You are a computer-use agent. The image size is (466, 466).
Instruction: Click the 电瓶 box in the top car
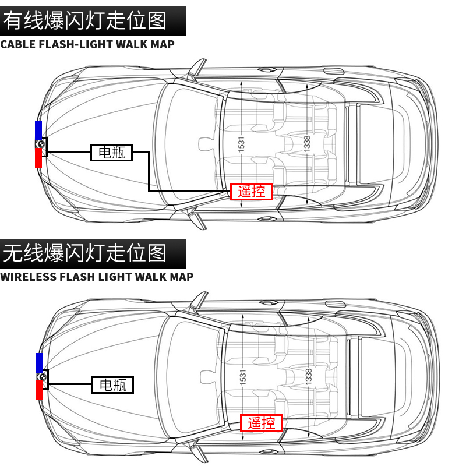pyautogui.click(x=112, y=153)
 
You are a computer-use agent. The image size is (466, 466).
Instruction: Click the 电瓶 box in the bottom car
pyautogui.click(x=113, y=384)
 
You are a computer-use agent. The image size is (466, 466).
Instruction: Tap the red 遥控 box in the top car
pyautogui.click(x=252, y=191)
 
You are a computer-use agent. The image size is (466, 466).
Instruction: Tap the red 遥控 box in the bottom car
pyautogui.click(x=262, y=422)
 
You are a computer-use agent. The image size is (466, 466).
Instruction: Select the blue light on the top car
pyautogui.click(x=38, y=129)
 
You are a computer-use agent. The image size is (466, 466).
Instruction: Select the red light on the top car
pyautogui.click(x=38, y=158)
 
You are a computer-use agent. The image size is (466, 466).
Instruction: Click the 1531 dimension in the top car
pyautogui.click(x=241, y=143)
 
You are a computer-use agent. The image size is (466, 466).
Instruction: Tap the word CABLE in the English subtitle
pyautogui.click(x=19, y=44)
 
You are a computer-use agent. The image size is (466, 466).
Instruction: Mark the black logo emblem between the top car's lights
pyautogui.click(x=40, y=143)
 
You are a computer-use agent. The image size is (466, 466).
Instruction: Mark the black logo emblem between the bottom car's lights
pyautogui.click(x=41, y=376)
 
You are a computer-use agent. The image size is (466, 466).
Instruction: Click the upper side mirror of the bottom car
pyautogui.click(x=200, y=299)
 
